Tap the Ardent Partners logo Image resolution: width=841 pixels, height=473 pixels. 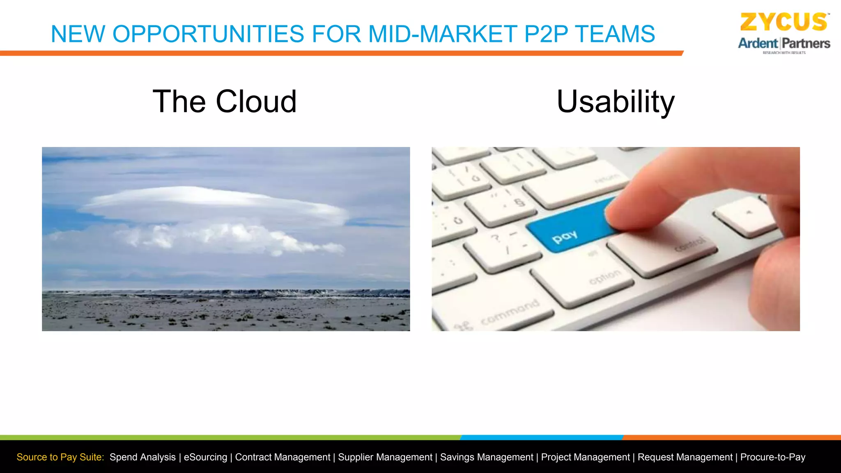point(784,44)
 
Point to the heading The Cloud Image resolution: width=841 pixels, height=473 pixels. point(225,101)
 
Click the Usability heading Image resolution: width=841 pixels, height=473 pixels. point(615,101)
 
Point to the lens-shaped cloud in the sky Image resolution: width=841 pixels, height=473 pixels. point(214,205)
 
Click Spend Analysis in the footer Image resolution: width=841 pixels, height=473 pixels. point(142,457)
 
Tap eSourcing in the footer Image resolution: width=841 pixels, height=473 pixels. point(205,457)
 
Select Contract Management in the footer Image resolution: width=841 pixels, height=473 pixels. point(283,457)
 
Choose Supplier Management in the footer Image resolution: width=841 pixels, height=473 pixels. point(385,457)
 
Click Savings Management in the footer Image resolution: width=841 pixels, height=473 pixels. point(487,457)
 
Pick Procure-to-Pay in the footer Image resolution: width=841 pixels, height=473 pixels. point(772,457)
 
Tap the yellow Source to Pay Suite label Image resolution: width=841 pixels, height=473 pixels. point(60,457)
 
